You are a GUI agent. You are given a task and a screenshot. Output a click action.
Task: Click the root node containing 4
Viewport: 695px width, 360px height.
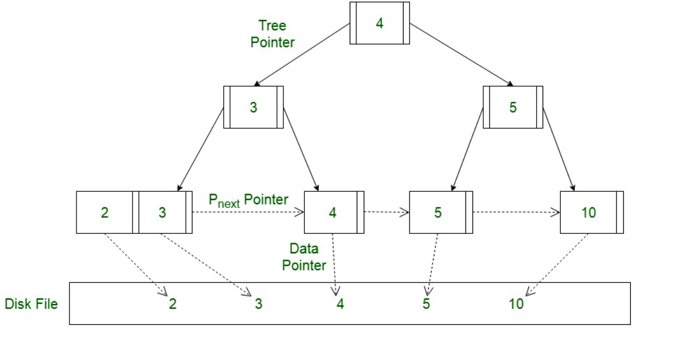(x=379, y=24)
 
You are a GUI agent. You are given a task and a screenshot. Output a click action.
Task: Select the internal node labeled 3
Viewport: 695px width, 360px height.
(x=253, y=107)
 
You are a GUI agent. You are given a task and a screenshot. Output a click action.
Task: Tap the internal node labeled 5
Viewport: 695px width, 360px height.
(x=512, y=107)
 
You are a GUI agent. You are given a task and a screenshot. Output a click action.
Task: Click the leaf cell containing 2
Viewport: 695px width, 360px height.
(x=105, y=212)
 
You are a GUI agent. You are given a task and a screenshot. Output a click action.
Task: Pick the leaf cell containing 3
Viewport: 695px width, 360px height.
(x=163, y=212)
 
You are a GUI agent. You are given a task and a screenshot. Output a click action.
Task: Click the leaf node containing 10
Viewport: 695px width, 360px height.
(x=589, y=212)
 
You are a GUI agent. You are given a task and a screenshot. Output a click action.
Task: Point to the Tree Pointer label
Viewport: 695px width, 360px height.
(x=273, y=34)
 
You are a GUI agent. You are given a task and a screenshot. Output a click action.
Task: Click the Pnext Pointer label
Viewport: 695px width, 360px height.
(x=248, y=200)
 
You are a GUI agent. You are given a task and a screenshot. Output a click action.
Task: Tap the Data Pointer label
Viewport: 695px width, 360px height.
(x=304, y=257)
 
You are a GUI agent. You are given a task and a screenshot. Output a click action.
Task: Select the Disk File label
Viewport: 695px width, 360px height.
(x=31, y=304)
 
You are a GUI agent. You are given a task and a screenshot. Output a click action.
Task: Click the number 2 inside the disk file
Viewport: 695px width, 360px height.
(x=172, y=304)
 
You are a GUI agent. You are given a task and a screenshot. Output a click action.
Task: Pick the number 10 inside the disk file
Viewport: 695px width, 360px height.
(x=516, y=304)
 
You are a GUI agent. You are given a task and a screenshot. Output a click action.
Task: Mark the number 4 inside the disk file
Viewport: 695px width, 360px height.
(x=340, y=304)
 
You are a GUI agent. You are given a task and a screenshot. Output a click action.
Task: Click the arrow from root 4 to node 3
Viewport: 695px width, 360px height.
(x=302, y=54)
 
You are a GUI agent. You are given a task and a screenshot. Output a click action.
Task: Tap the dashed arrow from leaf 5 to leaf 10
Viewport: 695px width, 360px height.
(x=516, y=212)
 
